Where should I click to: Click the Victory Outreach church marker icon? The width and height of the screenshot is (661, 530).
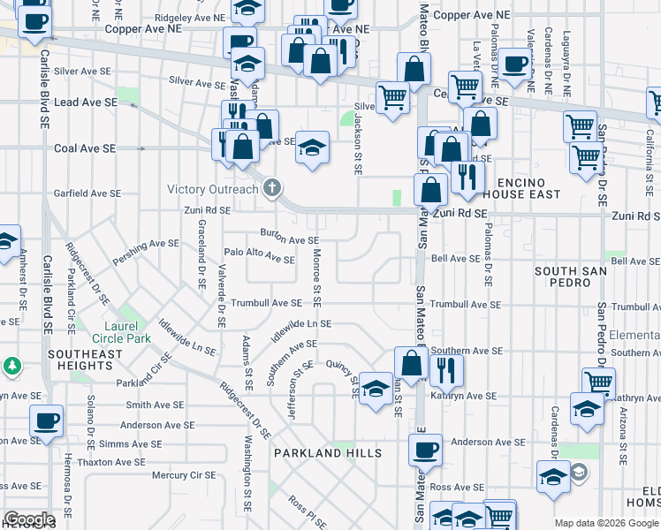[x=272, y=188]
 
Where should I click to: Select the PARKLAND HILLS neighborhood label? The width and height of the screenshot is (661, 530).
[x=327, y=453]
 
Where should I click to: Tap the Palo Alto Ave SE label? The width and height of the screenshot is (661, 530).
[x=258, y=255]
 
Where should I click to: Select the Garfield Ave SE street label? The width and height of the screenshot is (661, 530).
[x=87, y=193]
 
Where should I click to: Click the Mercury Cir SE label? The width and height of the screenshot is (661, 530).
[x=183, y=474]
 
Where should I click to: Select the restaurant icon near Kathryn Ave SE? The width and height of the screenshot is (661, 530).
[x=445, y=370]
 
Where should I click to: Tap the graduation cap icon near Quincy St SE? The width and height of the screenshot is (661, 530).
[x=376, y=390]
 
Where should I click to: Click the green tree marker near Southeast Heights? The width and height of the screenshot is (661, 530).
[x=11, y=365]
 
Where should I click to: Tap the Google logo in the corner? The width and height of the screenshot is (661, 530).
[x=29, y=519]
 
